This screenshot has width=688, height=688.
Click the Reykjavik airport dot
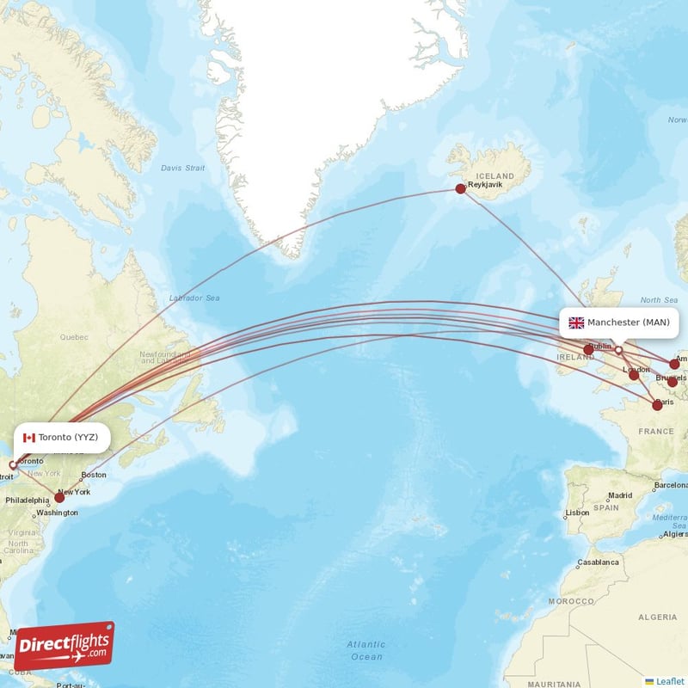(461, 188)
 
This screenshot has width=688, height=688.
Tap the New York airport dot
(59, 497)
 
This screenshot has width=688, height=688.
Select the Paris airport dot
(658, 404)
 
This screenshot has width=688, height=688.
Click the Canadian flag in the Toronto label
(28, 437)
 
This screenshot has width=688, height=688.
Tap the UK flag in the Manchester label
(576, 322)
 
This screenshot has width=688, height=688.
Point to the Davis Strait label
(183, 168)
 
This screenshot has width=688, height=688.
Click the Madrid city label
(620, 495)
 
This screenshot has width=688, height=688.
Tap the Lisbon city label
(577, 513)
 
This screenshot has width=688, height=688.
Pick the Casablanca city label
(598, 562)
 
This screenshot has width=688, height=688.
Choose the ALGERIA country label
(658, 617)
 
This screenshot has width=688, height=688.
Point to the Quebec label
(74, 338)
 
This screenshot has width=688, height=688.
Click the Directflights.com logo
(64, 646)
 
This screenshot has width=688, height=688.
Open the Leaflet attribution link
(669, 680)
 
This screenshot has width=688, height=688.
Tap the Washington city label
(57, 513)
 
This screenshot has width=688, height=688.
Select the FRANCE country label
(656, 431)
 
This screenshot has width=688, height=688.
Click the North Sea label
(659, 299)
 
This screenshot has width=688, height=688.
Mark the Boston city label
(94, 475)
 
